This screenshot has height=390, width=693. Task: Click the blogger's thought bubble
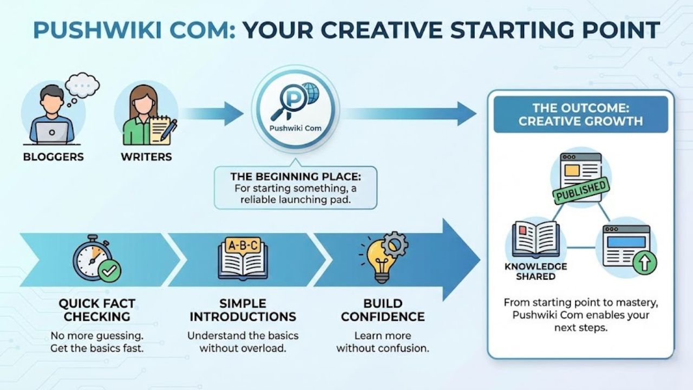82,85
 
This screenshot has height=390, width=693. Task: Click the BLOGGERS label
53,157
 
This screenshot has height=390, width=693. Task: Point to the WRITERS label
146,157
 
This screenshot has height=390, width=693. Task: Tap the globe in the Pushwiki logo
310,93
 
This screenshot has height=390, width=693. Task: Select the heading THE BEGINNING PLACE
295,177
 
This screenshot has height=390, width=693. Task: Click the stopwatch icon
93,257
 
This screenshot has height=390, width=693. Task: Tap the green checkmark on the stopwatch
110,270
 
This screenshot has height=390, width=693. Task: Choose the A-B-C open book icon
243,258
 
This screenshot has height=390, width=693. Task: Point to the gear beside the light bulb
395,244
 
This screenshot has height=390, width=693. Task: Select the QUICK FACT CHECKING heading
97,310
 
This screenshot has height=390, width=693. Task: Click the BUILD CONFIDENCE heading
383,310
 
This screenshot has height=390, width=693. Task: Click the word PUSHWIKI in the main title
95,30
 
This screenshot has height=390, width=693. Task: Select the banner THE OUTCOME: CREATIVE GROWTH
580,114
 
